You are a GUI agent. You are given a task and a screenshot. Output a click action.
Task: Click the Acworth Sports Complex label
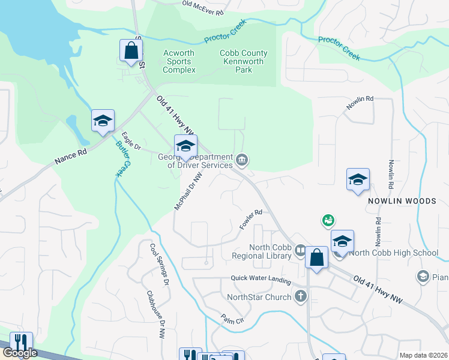[x=179, y=61]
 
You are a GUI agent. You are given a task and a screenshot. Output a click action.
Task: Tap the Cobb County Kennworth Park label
[x=244, y=61]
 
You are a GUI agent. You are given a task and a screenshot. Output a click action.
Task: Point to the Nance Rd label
[x=71, y=157]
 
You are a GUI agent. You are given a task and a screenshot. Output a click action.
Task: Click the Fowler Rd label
[x=251, y=220]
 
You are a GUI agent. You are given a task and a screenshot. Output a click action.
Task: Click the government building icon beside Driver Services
[x=242, y=160]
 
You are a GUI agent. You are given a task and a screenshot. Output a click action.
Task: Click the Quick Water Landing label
[x=261, y=280]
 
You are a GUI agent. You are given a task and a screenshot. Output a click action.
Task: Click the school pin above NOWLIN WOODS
[x=358, y=179]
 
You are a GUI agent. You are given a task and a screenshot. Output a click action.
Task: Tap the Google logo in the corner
[x=20, y=353]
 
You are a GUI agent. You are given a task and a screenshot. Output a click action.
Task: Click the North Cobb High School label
[x=394, y=253]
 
